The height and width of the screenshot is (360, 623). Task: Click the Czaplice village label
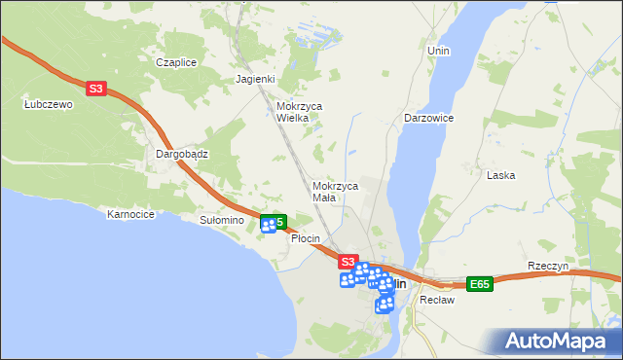click(x=176, y=62)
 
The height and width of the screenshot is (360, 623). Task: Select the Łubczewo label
click(x=49, y=105)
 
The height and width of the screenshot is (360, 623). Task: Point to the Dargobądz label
click(x=183, y=154)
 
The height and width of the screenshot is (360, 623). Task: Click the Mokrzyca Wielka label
click(x=300, y=112)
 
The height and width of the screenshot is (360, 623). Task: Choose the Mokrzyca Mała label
click(x=336, y=191)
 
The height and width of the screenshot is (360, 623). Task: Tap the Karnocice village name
click(x=131, y=214)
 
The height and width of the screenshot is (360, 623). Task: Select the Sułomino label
click(x=221, y=221)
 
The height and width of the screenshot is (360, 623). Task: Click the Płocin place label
click(x=306, y=238)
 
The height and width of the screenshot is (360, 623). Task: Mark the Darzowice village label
click(x=429, y=117)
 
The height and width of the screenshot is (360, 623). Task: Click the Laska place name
click(x=500, y=175)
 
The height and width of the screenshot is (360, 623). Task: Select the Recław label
click(x=437, y=300)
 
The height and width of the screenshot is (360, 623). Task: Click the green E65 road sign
click(x=478, y=284)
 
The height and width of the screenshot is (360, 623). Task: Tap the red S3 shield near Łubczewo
click(x=94, y=89)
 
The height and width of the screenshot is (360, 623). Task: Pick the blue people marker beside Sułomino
click(x=269, y=226)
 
